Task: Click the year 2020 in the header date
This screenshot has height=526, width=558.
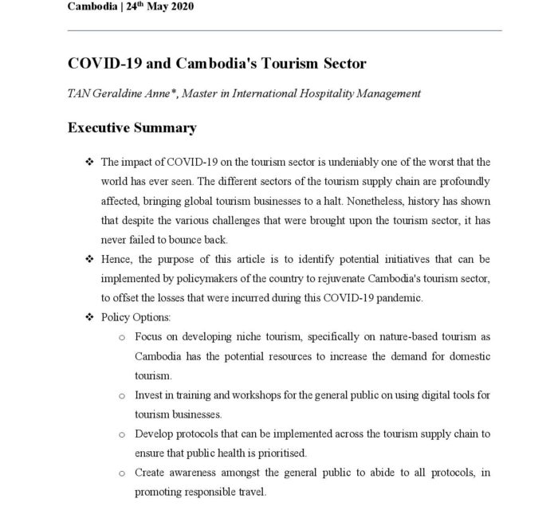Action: click(178, 7)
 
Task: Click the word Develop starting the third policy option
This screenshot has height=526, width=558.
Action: click(155, 434)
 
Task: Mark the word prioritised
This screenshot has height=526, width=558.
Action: click(289, 453)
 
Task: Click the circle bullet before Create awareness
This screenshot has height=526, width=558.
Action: click(121, 473)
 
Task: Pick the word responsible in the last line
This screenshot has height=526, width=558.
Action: click(203, 492)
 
